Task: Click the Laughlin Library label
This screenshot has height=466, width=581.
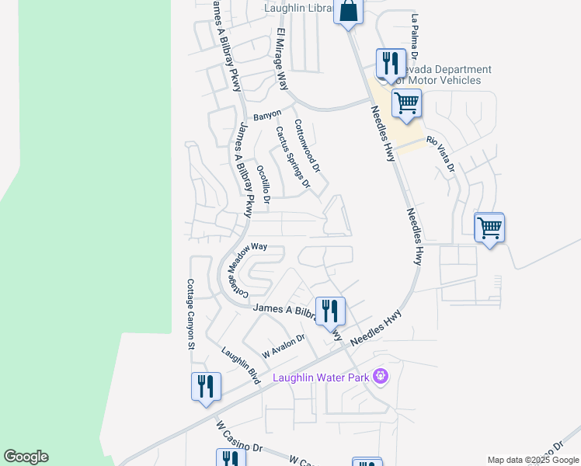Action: [298, 9]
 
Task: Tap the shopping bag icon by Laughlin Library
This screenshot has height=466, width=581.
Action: [348, 12]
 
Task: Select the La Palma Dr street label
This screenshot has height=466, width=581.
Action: [416, 37]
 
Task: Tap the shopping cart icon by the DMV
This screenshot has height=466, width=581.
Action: [406, 103]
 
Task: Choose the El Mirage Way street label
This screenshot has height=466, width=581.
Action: [281, 61]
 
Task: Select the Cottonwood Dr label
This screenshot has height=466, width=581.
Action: [307, 145]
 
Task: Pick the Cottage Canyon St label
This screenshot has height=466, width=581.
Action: [189, 314]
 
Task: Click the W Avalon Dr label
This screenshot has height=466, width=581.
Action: [284, 345]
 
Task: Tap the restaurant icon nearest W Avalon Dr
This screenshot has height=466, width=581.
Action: [330, 311]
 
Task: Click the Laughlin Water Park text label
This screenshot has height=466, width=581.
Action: [321, 378]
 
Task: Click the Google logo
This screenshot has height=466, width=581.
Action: [26, 457]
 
